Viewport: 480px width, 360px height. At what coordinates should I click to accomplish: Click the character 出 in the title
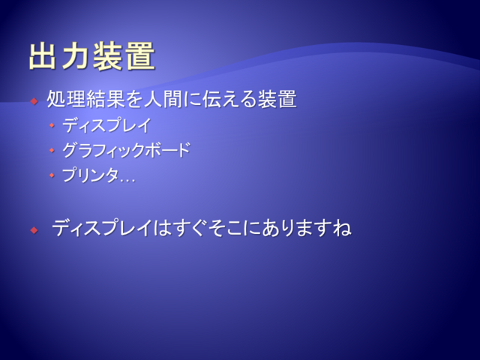click(x=43, y=56)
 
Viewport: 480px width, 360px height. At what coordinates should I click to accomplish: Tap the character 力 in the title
click(x=75, y=56)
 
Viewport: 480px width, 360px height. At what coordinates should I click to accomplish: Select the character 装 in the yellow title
click(x=107, y=56)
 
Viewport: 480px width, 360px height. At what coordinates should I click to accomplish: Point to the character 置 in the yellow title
click(x=140, y=56)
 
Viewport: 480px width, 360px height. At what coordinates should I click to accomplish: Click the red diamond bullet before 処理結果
click(x=34, y=100)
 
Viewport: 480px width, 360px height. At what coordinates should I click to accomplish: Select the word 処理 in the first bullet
click(x=66, y=98)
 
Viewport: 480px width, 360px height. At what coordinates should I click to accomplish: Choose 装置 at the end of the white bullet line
click(x=277, y=98)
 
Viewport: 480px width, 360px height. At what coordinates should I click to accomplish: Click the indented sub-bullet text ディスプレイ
click(x=107, y=125)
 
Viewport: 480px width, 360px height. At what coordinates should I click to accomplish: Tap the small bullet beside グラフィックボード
click(x=52, y=150)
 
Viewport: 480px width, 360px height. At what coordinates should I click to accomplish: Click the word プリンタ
click(x=91, y=175)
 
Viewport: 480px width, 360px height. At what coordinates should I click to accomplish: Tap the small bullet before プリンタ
click(x=52, y=175)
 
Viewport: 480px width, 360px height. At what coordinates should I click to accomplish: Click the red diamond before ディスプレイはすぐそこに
click(x=34, y=230)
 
